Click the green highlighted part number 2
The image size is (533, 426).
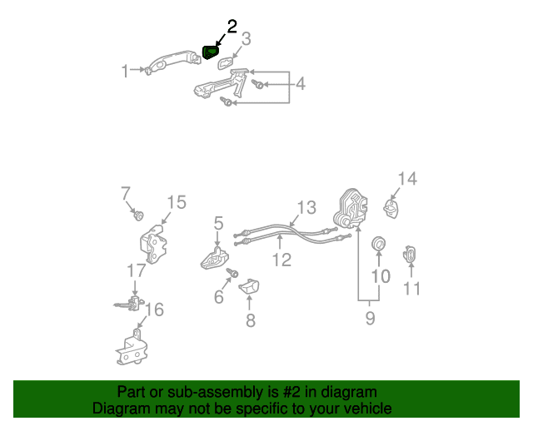pos(211,52)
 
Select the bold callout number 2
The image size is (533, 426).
pos(232,27)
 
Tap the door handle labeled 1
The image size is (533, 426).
pos(172,61)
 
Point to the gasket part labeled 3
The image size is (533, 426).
pos(226,63)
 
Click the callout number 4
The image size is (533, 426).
pos(300,84)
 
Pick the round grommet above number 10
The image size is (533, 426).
pos(378,243)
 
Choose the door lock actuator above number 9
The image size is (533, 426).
pos(351,209)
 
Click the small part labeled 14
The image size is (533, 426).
pos(391,208)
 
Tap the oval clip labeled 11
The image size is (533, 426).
pos(410,255)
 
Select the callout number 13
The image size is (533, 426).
pos(306,207)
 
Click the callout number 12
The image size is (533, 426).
pos(281,260)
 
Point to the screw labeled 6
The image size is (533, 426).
pos(232,272)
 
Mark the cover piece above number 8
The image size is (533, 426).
pos(249,285)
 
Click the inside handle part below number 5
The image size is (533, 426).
pos(215,259)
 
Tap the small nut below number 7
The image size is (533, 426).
pos(138,215)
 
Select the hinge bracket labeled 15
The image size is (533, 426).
pos(153,244)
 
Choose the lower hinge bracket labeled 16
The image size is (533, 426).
pos(132,348)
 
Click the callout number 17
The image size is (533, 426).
pos(137,270)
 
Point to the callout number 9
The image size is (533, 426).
pos(370,319)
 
